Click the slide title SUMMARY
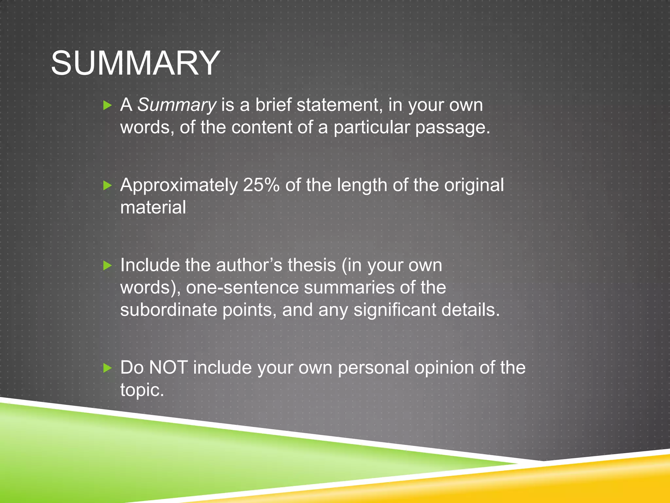[x=135, y=63]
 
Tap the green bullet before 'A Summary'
[x=107, y=105]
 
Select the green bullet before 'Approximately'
[x=107, y=186]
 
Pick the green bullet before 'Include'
[x=107, y=265]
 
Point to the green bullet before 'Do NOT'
[x=107, y=368]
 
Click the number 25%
[x=261, y=185]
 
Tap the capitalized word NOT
[x=168, y=367]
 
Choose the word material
[x=153, y=207]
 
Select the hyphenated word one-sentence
[x=242, y=288]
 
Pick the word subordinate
[x=168, y=310]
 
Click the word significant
[x=395, y=310]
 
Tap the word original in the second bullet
[x=474, y=185]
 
